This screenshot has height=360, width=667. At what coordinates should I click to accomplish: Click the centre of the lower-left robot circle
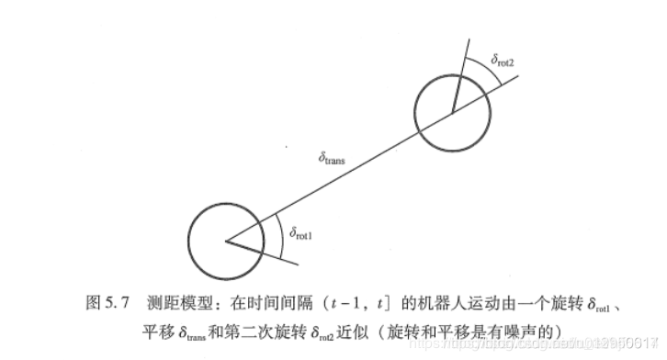coord(225,240)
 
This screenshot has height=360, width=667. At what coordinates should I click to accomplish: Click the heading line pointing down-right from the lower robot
coord(266,253)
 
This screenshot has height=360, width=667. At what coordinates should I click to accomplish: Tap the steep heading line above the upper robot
coord(462,73)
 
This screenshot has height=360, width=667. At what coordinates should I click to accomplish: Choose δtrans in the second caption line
coord(189,330)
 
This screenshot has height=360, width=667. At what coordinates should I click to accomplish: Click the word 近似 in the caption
coord(362,328)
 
